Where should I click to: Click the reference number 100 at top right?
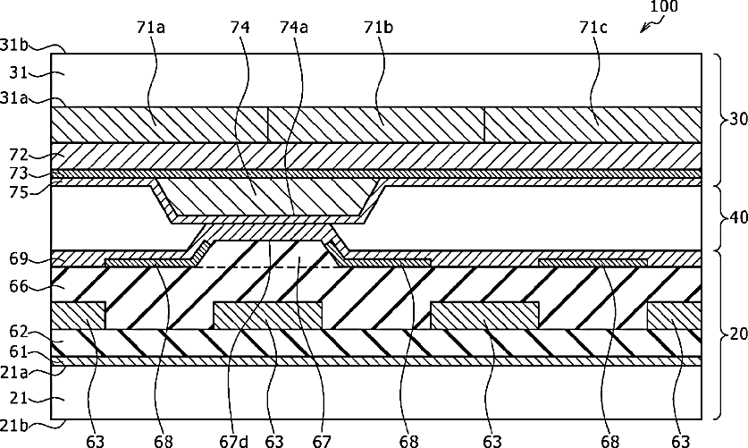coord(664,7)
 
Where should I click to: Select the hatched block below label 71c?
coord(593,124)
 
